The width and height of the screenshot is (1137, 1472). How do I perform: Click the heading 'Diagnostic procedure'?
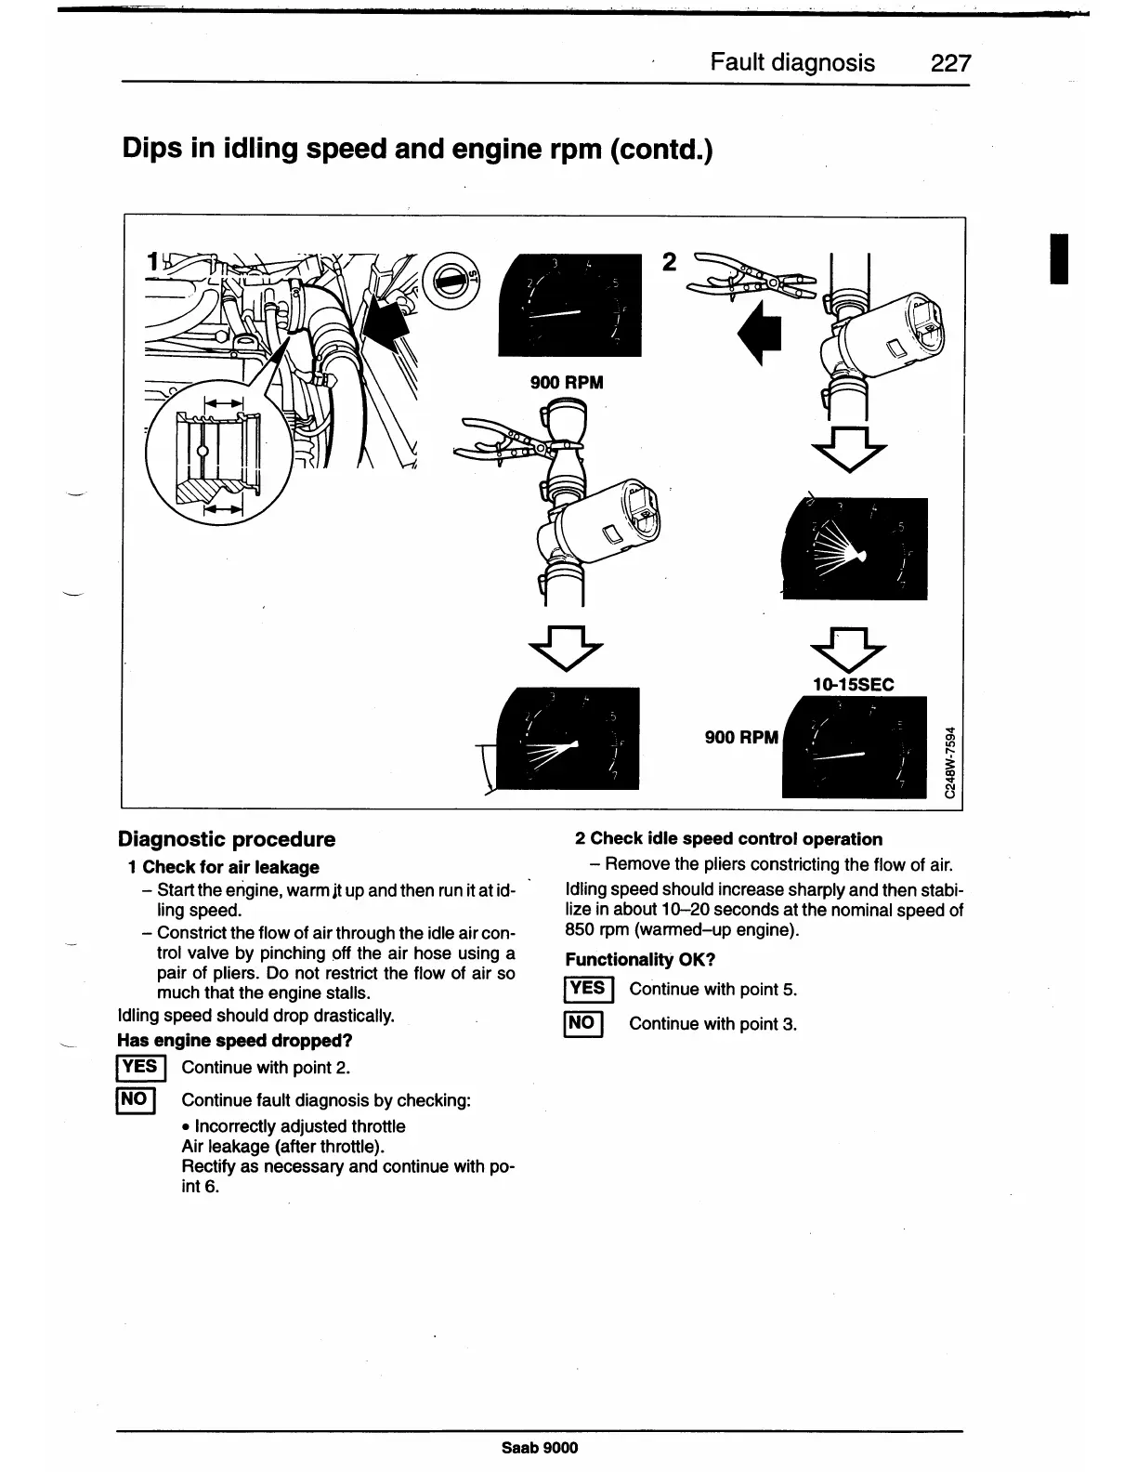click(x=227, y=839)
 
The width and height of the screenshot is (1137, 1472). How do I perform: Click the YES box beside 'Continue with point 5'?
click(x=588, y=989)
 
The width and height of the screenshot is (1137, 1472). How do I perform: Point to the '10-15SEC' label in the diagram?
click(x=853, y=685)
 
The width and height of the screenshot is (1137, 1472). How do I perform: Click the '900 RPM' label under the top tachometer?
click(x=567, y=382)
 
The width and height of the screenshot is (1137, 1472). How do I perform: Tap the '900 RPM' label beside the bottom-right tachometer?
click(x=740, y=737)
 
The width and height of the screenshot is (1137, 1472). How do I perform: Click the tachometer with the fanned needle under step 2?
click(x=856, y=548)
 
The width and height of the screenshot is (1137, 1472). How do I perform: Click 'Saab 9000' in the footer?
click(x=539, y=1448)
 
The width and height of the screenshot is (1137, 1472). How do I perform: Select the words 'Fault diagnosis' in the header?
click(x=791, y=62)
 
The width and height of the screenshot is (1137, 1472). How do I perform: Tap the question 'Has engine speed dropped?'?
click(x=235, y=1041)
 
